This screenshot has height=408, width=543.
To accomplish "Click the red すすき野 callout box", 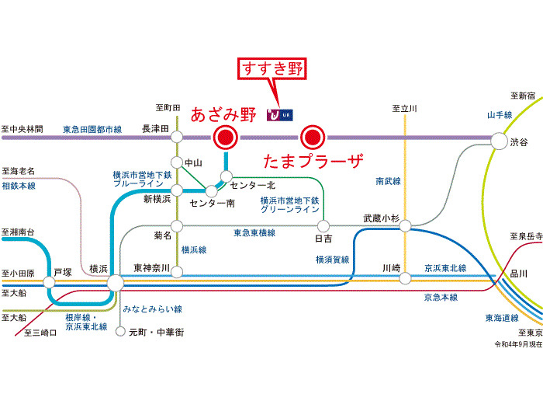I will pyautogui.click(x=273, y=68).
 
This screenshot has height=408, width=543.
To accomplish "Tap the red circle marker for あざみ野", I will pyautogui.click(x=226, y=138).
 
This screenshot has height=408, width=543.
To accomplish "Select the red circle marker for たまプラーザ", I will pyautogui.click(x=312, y=138).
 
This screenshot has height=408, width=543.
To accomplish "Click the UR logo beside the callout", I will pyautogui.click(x=280, y=115).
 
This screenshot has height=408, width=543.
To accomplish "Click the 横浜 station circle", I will pyautogui.click(x=115, y=283).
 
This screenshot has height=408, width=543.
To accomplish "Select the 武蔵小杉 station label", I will pyautogui.click(x=380, y=218).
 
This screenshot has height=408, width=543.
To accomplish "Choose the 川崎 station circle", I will pyautogui.click(x=404, y=278).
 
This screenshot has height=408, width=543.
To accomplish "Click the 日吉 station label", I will pyautogui.click(x=323, y=238).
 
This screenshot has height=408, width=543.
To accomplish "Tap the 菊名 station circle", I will pyautogui.click(x=178, y=225).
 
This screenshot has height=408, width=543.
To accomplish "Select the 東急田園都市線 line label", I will pyautogui.click(x=92, y=128).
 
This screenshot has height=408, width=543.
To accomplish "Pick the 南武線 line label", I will pyautogui.click(x=387, y=180).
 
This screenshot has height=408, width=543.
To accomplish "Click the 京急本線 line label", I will pyautogui.click(x=440, y=297).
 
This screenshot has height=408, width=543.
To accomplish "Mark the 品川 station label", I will pyautogui.click(x=518, y=273).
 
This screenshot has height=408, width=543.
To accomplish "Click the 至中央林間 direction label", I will pyautogui.click(x=22, y=128).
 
